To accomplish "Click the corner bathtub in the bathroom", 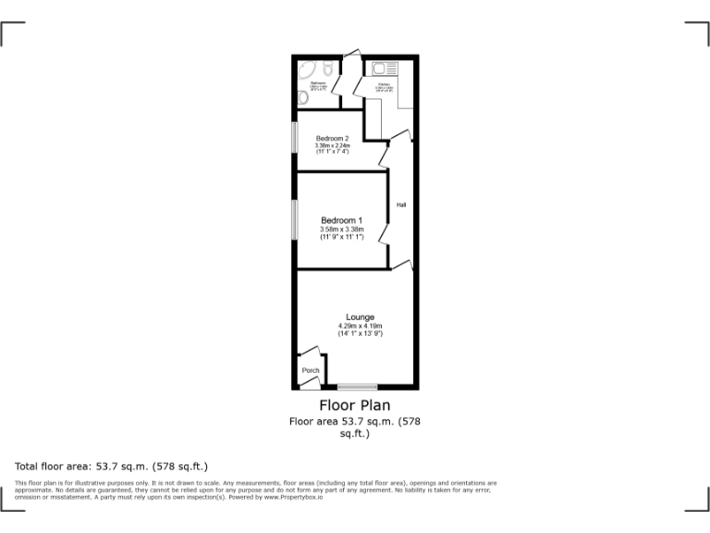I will (309, 70).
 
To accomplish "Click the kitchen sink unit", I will (385, 68).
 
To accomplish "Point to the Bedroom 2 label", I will (332, 139).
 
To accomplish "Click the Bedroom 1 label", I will (341, 220).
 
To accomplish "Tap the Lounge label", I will (360, 317).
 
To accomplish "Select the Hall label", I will (401, 205).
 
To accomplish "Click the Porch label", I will (311, 370).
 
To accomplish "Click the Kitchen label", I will (384, 86).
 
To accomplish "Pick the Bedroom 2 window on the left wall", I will (295, 138).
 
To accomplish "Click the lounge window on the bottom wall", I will (357, 387).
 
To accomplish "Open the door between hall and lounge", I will (401, 266).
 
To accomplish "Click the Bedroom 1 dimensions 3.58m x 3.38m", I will (341, 229).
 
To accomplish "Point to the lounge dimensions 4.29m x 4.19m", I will (360, 326).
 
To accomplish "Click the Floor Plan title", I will (355, 405).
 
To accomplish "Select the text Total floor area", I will (55, 466).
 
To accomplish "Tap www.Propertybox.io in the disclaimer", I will (290, 497).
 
